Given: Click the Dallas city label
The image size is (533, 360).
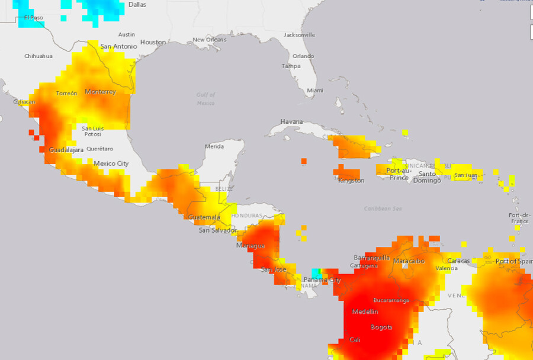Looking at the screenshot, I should pyautogui.click(x=137, y=4).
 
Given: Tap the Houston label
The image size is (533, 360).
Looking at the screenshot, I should pyautogui.click(x=153, y=42).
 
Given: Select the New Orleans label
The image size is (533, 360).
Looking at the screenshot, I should pyautogui.click(x=209, y=40).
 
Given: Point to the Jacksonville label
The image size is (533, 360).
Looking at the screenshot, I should pyautogui.click(x=299, y=35).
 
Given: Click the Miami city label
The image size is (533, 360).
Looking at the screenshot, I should pyautogui.click(x=314, y=91).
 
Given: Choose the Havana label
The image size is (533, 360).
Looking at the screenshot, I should pyautogui.click(x=291, y=121).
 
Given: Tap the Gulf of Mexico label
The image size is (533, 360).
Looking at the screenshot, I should pyautogui.click(x=206, y=99).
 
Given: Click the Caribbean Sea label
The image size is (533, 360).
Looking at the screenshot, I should pyautogui.click(x=383, y=208).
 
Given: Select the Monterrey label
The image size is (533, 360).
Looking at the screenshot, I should pyautogui.click(x=100, y=92).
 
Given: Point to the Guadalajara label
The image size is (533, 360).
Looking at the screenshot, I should pyautogui.click(x=66, y=150).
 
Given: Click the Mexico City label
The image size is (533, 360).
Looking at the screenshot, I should pyautogui.click(x=111, y=163).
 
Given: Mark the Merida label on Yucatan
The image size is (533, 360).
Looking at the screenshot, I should pyautogui.click(x=214, y=146).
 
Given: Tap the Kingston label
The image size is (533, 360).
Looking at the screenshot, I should pyautogui.click(x=351, y=181).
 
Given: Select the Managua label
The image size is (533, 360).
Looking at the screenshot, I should pyautogui.click(x=250, y=245).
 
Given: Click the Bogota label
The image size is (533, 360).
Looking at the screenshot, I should pyautogui.click(x=381, y=327).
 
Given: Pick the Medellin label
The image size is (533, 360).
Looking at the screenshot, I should pyautogui.click(x=365, y=311).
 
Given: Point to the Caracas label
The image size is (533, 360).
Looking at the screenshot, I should pyautogui.click(x=458, y=261).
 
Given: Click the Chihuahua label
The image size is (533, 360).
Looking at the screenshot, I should pyautogui.click(x=38, y=56).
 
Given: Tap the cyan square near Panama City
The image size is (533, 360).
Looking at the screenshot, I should pyautogui.click(x=316, y=272).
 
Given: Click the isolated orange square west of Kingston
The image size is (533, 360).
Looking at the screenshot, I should pyautogui.click(x=304, y=161).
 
